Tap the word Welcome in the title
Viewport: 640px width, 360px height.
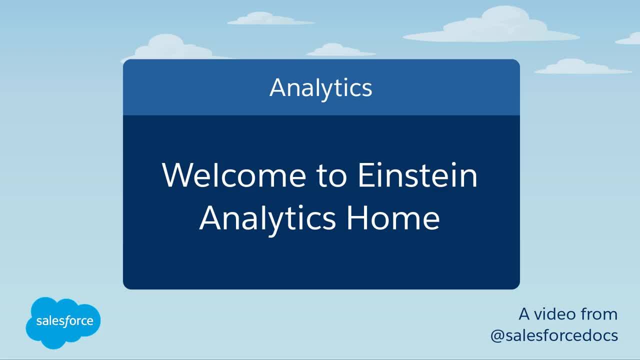click(234, 175)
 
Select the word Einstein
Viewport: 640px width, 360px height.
click(417, 175)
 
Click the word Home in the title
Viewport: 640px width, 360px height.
click(393, 217)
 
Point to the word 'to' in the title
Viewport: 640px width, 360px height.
click(332, 176)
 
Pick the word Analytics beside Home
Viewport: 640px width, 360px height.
click(267, 220)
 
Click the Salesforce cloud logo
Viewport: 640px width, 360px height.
click(63, 323)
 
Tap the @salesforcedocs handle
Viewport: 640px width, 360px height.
click(554, 335)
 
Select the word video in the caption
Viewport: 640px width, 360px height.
click(555, 314)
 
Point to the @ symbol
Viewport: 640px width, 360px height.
click(497, 336)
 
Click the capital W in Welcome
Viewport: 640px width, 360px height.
click(179, 175)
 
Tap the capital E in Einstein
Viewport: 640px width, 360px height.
click(366, 175)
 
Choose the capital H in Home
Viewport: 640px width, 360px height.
click(356, 217)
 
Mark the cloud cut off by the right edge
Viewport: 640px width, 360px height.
click(628, 39)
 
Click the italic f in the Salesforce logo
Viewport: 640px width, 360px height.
click(66, 321)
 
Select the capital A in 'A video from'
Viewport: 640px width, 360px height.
click(524, 314)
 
